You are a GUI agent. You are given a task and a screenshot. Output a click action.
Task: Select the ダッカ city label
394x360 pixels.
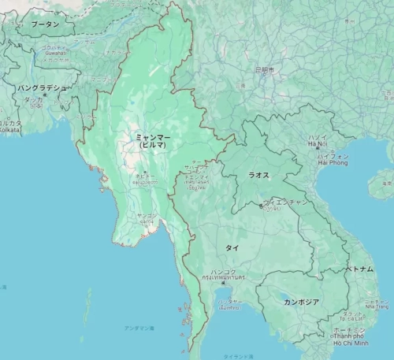point(33,100)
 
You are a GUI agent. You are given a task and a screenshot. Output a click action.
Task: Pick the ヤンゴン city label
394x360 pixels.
point(147,215)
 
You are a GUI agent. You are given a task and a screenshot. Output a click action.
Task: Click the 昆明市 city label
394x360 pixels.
point(264,70)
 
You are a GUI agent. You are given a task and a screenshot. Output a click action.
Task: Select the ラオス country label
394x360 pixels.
point(259,175)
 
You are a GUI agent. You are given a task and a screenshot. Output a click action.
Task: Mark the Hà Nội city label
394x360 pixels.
point(318,145)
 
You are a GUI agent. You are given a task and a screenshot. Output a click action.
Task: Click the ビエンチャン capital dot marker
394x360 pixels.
point(262,206)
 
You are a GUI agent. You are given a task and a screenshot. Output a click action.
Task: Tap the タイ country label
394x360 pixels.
point(232,247)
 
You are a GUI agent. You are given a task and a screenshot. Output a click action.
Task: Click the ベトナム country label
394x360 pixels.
point(361,269)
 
